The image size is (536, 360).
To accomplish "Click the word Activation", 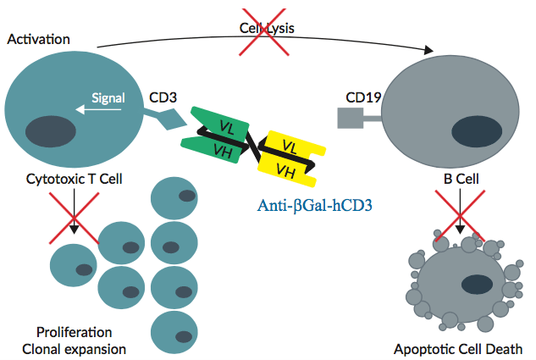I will [38, 39].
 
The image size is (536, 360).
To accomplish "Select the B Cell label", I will [461, 179].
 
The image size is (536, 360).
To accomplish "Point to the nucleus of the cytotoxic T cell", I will [48, 133].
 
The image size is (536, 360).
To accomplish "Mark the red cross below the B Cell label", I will [459, 216].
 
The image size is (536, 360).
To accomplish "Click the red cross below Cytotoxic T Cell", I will [74, 215].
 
